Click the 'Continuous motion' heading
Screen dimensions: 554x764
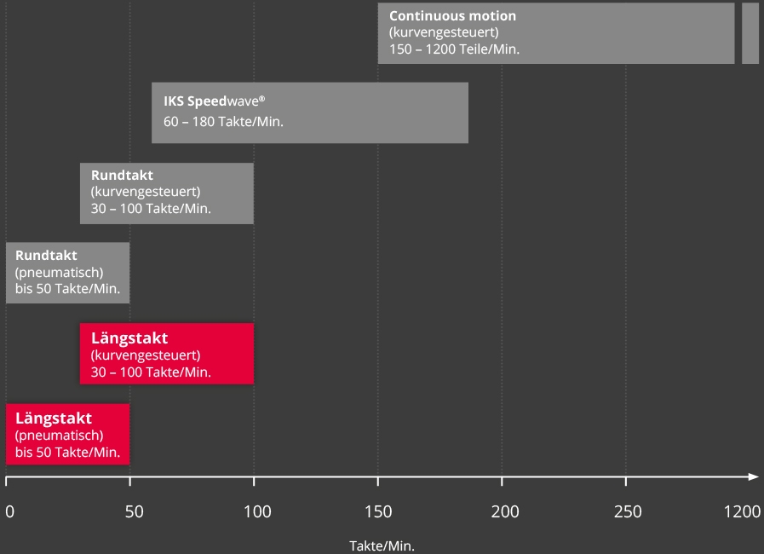pos(452,16)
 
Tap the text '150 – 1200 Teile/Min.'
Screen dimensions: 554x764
pos(454,49)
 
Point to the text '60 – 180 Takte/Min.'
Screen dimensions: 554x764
pos(223,122)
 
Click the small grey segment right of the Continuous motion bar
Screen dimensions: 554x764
pos(750,33)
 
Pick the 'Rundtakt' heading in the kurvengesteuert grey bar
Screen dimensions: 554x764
pos(122,176)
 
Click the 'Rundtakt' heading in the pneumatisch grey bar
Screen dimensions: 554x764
pos(46,255)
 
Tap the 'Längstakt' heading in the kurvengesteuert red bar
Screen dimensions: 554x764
pos(129,338)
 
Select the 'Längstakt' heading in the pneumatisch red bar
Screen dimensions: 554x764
pos(54,418)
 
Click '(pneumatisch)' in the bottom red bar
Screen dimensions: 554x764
pos(59,436)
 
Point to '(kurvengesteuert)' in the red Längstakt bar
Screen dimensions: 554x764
pos(145,355)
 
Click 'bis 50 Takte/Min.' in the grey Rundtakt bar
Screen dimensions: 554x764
pos(67,289)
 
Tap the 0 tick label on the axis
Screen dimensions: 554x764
pos(10,512)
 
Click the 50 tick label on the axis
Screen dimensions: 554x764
pos(135,512)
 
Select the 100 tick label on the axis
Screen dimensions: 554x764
pos(257,512)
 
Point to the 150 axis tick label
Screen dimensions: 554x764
pos(378,512)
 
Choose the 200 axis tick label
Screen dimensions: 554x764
pos(505,512)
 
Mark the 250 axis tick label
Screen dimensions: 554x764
pos(628,512)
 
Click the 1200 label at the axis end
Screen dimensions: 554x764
pos(741,512)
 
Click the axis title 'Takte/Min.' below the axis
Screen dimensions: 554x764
pos(382,545)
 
